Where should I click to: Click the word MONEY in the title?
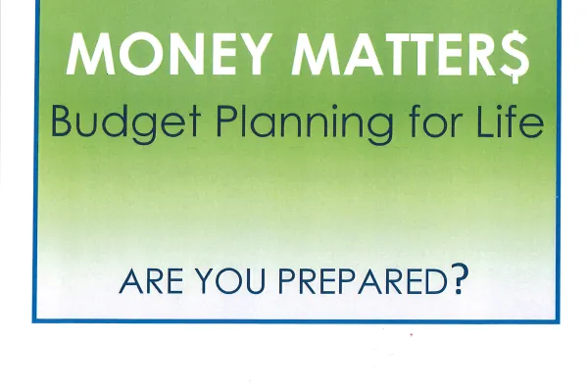pos(169,54)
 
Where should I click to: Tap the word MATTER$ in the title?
pos(411,55)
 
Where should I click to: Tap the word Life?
pos(510,121)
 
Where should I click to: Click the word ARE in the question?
pos(151,281)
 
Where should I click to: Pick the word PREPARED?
pos(363,281)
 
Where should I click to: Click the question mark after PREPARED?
pos(460,278)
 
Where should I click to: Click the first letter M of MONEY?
pos(90,54)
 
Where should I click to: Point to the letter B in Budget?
pos(62,121)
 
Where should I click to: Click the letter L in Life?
pos(486,121)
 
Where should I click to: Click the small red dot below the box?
pos(412,334)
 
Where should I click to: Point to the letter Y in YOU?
pos(204,281)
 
